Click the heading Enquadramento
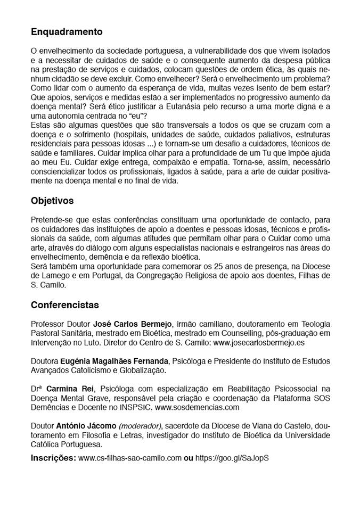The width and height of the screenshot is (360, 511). click(x=67, y=32)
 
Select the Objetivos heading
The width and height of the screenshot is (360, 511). click(x=52, y=201)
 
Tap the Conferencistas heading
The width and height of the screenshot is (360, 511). click(x=65, y=306)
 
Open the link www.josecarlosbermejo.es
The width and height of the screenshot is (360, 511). click(x=259, y=343)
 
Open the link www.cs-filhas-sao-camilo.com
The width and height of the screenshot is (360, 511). click(x=130, y=458)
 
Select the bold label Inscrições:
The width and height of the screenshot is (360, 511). click(x=53, y=458)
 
